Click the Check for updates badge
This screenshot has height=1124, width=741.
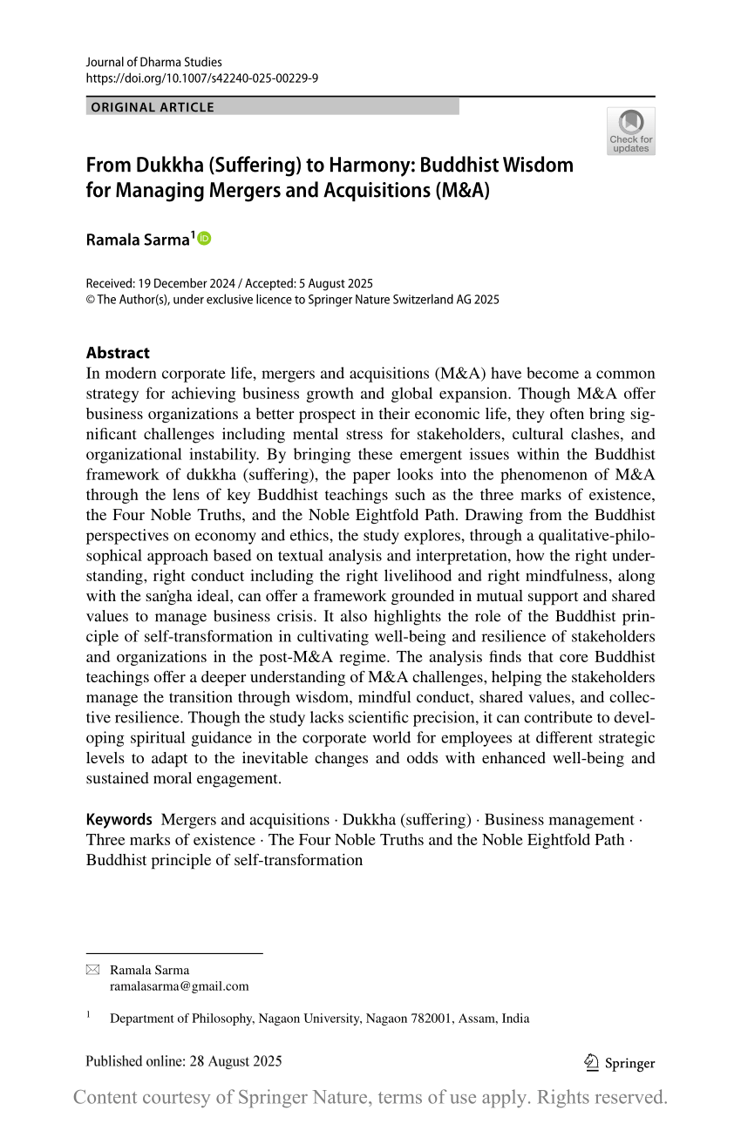tap(630, 131)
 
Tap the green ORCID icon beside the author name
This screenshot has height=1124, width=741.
tap(205, 238)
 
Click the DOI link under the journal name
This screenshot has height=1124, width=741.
tap(201, 78)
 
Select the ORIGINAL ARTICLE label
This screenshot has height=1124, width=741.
tap(153, 107)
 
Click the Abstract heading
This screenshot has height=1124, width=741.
tap(118, 353)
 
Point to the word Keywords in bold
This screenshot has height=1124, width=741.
tap(119, 820)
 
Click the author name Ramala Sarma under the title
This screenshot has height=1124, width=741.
tap(137, 240)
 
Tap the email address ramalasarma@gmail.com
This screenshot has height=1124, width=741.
tap(179, 986)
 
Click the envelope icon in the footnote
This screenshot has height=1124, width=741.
tap(92, 971)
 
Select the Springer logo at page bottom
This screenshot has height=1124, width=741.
tap(619, 1062)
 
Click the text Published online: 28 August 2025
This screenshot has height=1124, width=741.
tap(184, 1061)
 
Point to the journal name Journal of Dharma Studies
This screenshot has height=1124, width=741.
tap(154, 62)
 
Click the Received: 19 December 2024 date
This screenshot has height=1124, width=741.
tap(163, 284)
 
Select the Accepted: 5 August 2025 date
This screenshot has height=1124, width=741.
tap(310, 284)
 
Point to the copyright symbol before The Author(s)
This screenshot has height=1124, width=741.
tap(90, 300)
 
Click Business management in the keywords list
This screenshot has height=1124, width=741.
tap(559, 820)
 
